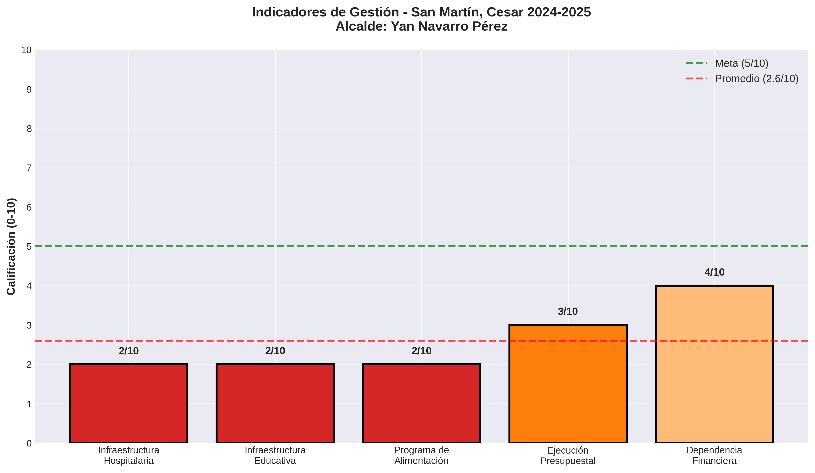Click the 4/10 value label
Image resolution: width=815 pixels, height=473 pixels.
[714, 272]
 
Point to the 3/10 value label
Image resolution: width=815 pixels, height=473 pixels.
[568, 311]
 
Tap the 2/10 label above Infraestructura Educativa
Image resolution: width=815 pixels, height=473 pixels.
[275, 351]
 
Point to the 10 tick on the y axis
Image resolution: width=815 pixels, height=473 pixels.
[26, 50]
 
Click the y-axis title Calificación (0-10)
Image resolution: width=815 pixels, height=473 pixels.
[11, 246]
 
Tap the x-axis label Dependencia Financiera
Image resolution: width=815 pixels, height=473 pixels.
[714, 455]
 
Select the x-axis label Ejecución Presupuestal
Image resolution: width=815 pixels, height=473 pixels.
[568, 455]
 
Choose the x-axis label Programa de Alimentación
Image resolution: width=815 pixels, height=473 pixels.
[421, 455]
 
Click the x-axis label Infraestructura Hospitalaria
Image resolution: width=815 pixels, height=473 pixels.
[129, 455]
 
